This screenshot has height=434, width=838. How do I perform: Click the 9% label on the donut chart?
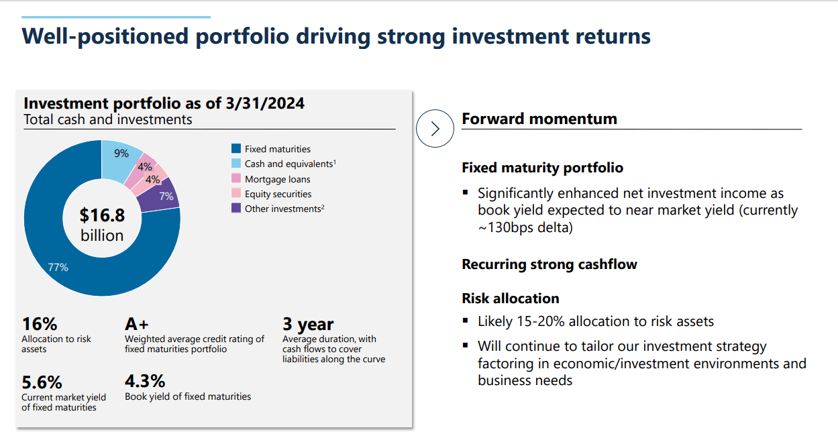pos(121,154)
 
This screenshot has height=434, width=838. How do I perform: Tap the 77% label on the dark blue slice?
pos(58,267)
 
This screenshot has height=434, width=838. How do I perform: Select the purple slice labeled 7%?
pos(166,196)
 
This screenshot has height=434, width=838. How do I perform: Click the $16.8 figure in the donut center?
pos(102,215)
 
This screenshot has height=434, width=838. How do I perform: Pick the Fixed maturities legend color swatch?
pos(235,149)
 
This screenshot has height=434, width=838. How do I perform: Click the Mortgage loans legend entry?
pos(277,179)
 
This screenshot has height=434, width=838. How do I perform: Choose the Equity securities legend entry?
pos(278,194)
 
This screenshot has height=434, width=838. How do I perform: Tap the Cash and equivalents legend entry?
pos(289,164)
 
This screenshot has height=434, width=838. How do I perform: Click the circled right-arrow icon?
pos(435,128)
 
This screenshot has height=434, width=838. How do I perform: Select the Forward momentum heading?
pos(539,119)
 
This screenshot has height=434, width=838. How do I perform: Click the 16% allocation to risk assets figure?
pos(40,324)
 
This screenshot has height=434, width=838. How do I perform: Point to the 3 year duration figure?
pos(308,325)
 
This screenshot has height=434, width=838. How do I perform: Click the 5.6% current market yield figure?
pos(42,382)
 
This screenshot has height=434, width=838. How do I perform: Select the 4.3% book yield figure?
pos(145,381)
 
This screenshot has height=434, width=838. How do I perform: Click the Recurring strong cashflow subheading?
pos(549,264)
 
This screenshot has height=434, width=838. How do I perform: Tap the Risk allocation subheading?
pos(510,299)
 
